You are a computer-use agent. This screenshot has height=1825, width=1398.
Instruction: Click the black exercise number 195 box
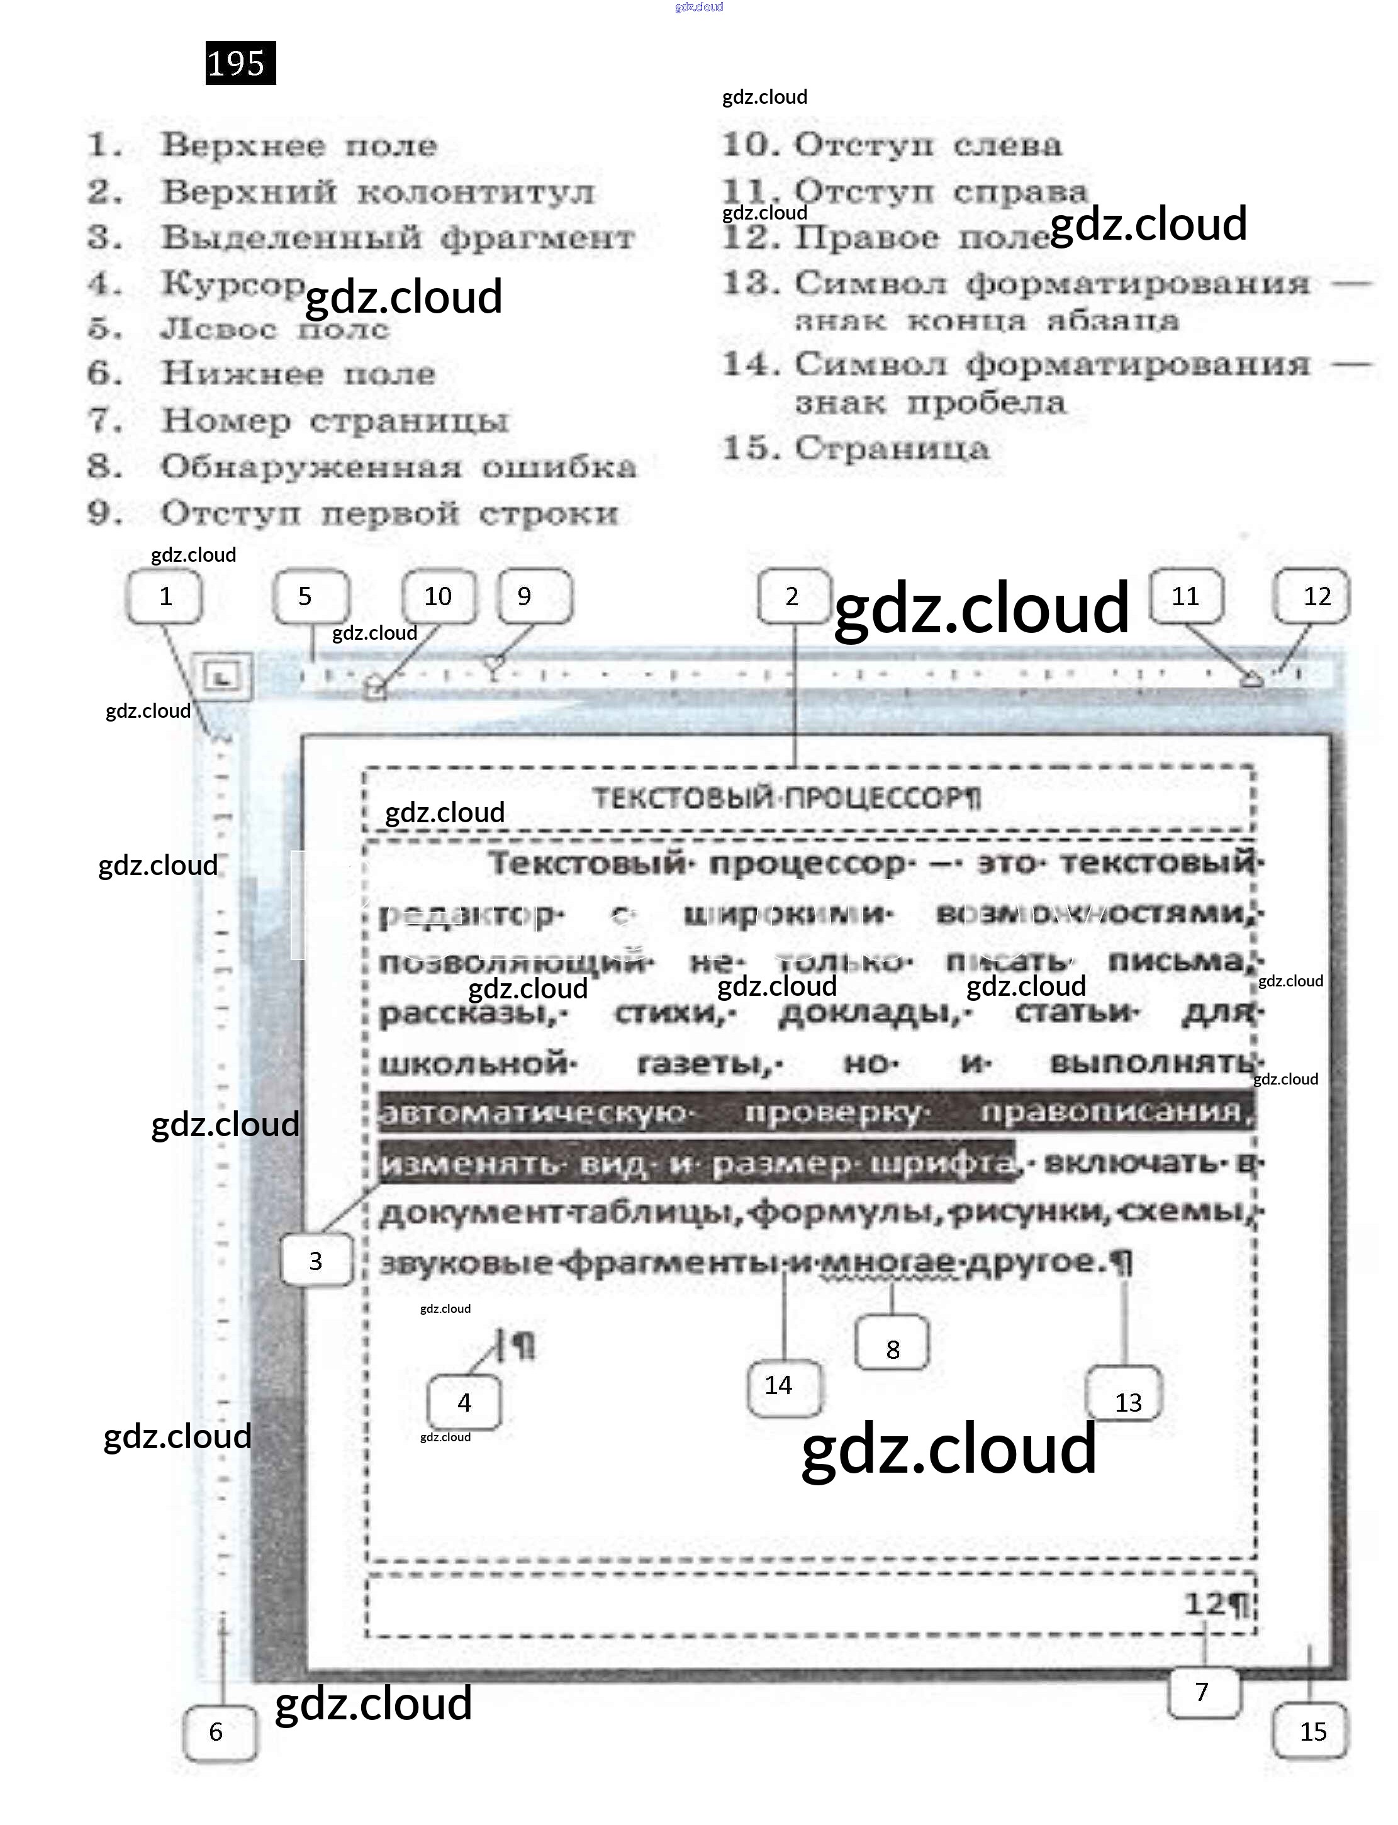coord(240,62)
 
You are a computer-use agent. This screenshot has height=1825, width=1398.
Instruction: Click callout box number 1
coord(165,596)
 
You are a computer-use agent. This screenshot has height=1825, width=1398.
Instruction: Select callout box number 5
coord(310,596)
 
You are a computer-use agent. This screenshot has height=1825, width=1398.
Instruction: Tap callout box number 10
coord(439,596)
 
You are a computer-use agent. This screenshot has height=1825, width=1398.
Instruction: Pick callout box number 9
coord(534,596)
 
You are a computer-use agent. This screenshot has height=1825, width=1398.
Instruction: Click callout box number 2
coord(793,596)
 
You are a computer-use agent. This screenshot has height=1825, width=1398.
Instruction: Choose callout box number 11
coord(1186,596)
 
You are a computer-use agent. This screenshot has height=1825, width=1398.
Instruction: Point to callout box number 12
coord(1311,596)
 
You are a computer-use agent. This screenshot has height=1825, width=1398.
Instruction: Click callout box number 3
coord(316,1260)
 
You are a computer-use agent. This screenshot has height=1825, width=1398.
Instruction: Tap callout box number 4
coord(464,1402)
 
